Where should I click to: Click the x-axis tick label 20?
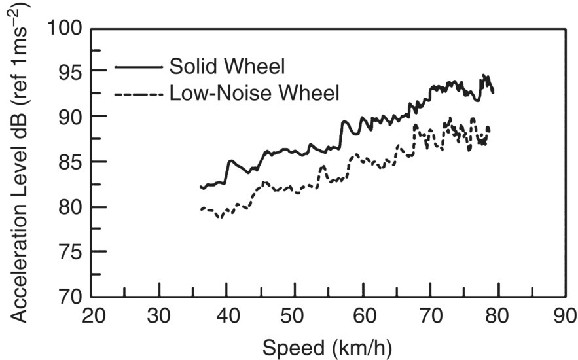click(x=92, y=316)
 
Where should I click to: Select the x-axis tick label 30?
click(x=159, y=316)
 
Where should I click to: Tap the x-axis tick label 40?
click(x=226, y=316)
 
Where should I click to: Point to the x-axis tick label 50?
click(x=295, y=316)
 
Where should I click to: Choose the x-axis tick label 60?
click(x=362, y=316)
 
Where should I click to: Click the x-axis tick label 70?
click(x=430, y=316)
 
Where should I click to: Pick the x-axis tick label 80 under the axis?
click(x=497, y=316)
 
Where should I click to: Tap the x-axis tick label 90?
click(x=564, y=316)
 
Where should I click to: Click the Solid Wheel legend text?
click(x=229, y=67)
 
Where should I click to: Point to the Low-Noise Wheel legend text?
click(x=255, y=94)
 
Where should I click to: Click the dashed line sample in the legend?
click(x=139, y=95)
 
